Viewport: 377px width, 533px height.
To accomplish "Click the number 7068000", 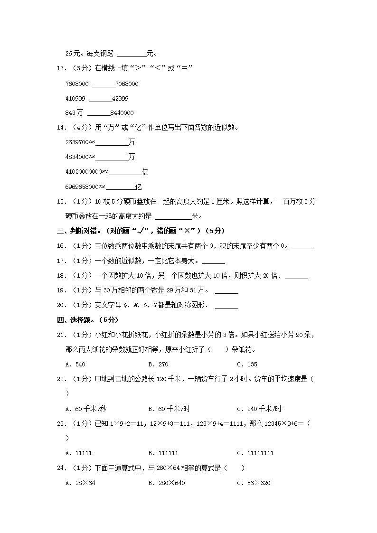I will (127, 84).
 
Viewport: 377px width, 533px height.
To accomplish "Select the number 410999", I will (75, 98).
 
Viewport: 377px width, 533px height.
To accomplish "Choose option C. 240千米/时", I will (259, 409).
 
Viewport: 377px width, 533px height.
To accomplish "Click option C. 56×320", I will (254, 483).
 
